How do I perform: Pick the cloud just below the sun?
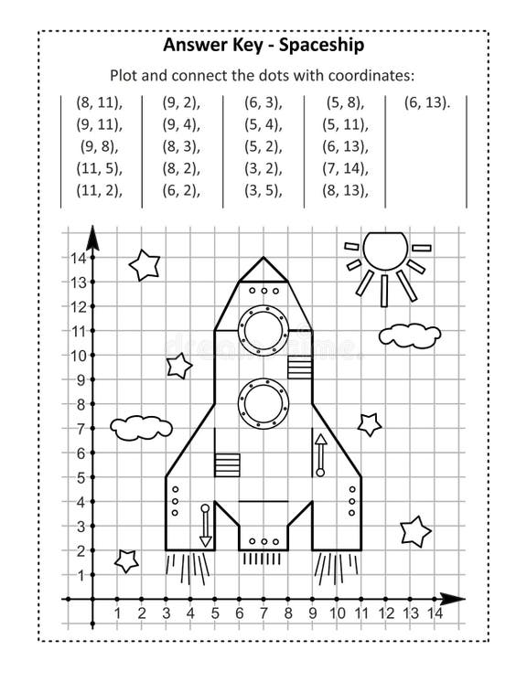click(410, 334)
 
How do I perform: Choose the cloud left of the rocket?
click(141, 426)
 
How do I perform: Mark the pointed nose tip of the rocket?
click(263, 260)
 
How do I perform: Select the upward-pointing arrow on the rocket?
click(320, 454)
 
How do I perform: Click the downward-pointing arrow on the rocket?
click(205, 526)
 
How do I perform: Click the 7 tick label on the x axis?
click(263, 613)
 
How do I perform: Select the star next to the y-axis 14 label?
click(145, 265)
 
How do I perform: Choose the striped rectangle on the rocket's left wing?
click(226, 464)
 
